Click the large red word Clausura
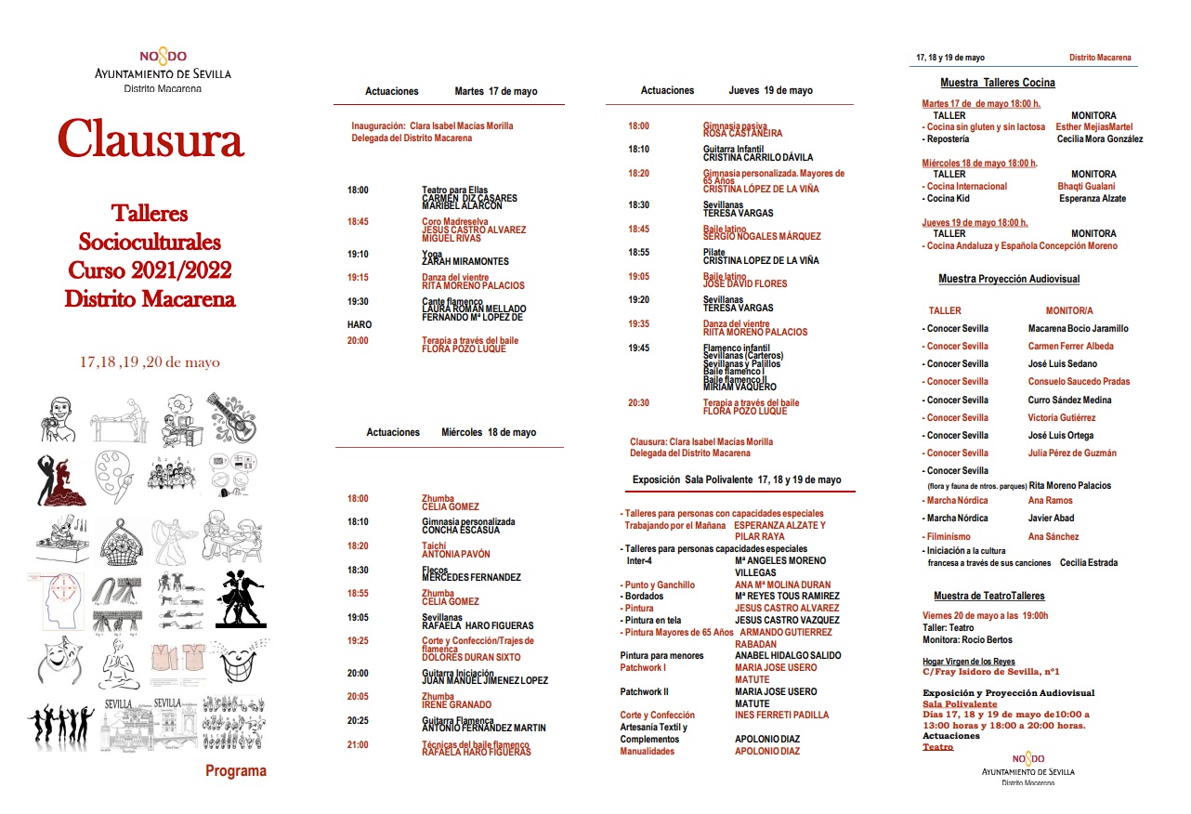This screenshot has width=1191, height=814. [x=151, y=140]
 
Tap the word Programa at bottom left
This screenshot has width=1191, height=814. [x=235, y=770]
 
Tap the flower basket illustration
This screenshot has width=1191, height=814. [x=118, y=536]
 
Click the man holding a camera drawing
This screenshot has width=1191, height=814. [x=60, y=418]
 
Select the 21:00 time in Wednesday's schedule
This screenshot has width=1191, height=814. [x=358, y=744]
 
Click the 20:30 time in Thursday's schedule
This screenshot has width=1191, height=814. [x=638, y=403]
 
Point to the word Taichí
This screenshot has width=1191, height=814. [x=434, y=546]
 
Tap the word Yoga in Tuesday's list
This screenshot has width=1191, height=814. [x=431, y=254]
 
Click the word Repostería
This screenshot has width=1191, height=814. [x=948, y=139]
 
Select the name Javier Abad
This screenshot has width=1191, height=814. [x=1051, y=519]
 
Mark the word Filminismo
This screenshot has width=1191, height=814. [x=948, y=536]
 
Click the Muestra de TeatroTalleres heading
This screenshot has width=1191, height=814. [x=988, y=596]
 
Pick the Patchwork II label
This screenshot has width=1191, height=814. [x=644, y=691]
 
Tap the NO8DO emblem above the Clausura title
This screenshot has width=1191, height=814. [x=163, y=57]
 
